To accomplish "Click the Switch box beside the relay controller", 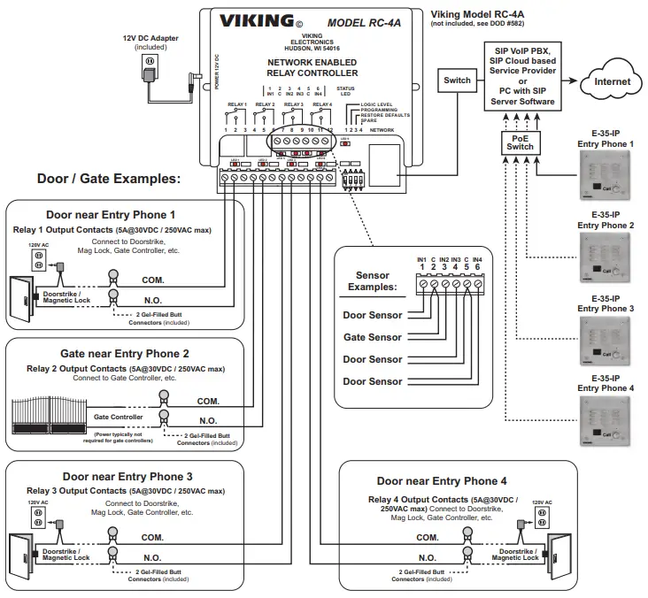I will coord(458,80).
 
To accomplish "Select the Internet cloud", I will coord(612,81).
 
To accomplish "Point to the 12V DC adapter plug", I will coord(149,64).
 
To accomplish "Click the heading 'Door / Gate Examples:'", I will coord(108,178).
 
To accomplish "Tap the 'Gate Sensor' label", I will coord(373,337).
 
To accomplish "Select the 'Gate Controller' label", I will coord(119,416).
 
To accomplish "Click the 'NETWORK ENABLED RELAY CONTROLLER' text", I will coord(312,67).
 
